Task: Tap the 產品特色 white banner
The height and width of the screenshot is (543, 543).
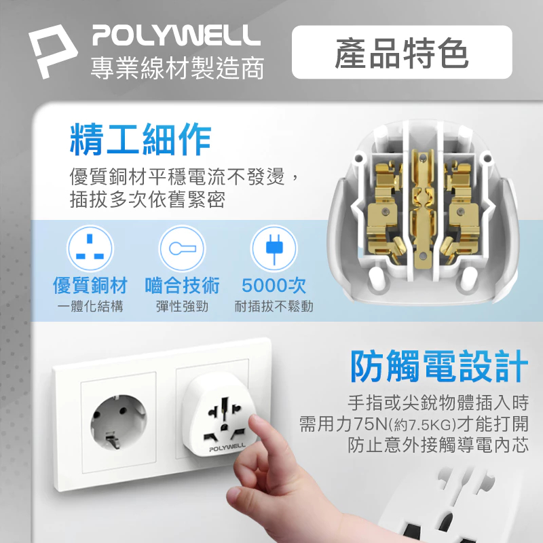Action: pos(401,52)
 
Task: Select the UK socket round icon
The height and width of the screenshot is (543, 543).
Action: pos(90,249)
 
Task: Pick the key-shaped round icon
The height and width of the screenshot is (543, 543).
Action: pos(181,249)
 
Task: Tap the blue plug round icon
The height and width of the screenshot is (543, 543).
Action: pos(274,249)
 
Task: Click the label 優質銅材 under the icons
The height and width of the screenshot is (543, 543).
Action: pos(90,286)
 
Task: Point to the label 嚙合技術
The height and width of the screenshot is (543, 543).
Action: pos(182,286)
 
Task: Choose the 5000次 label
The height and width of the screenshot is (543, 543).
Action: pos(274,286)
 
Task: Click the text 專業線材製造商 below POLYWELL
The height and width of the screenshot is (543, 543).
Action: pos(177,69)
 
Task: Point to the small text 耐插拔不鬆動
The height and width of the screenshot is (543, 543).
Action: pos(274,307)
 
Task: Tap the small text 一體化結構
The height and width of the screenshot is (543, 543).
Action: pos(90,307)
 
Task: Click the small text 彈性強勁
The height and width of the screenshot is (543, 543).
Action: pos(182,307)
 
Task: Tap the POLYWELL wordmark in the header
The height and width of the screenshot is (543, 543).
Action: pos(176,35)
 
